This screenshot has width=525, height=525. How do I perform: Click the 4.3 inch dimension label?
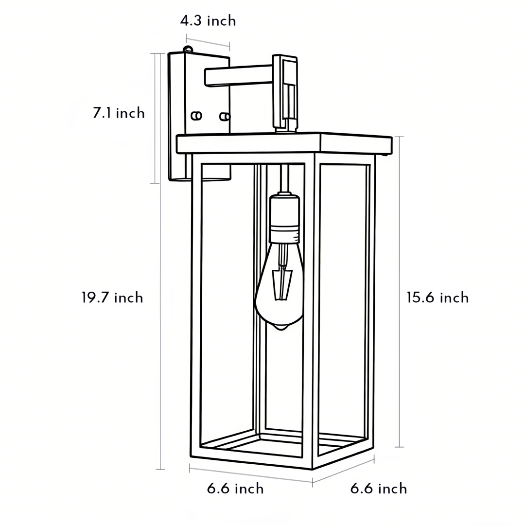[208, 21]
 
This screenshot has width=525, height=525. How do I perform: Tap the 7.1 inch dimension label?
[119, 113]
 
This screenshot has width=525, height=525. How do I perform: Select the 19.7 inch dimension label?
[112, 297]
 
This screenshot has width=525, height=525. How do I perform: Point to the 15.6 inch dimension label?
[437, 297]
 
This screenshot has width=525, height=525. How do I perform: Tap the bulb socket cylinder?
[284, 219]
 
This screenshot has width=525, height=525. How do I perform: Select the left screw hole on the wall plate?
[196, 116]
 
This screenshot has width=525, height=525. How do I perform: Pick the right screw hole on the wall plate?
[224, 117]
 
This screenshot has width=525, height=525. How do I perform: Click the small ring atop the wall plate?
[188, 49]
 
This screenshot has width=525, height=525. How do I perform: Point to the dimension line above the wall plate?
[208, 42]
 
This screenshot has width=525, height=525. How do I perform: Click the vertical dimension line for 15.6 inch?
[399, 292]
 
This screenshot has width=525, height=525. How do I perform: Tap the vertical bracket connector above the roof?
[285, 92]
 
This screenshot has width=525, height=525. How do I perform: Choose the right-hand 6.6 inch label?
[379, 489]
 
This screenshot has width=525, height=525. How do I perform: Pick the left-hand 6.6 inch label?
[235, 489]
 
